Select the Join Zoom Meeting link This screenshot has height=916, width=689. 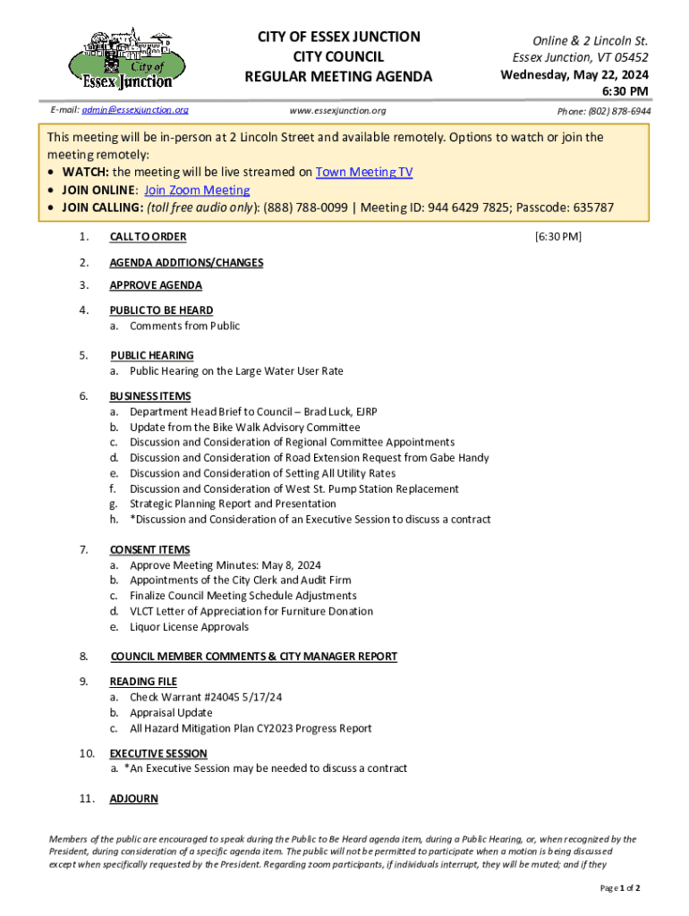[197, 191]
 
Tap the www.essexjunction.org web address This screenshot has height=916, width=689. [337, 111]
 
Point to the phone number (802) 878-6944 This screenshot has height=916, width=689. [604, 111]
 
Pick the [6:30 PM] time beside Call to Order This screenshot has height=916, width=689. [557, 237]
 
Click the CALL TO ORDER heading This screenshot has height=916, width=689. [148, 237]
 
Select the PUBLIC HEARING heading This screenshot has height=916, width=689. [151, 355]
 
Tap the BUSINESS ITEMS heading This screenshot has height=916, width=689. [149, 396]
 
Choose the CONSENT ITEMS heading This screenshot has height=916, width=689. [149, 550]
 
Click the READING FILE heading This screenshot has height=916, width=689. [143, 682]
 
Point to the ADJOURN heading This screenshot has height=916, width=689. [133, 799]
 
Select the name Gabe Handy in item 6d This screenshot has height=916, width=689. [456, 458]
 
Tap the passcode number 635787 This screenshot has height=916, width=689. [591, 208]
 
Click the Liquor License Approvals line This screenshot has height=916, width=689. [189, 627]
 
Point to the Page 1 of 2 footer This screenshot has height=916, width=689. [619, 887]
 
